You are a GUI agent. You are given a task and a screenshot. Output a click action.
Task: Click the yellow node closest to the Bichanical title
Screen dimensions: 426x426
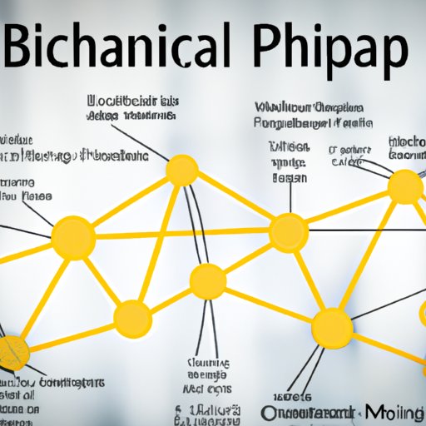tap(182, 171)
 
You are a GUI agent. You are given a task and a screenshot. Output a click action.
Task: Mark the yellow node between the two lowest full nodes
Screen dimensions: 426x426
tap(207, 281)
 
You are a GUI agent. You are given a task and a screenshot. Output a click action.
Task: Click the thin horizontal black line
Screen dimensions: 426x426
tap(366, 230)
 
